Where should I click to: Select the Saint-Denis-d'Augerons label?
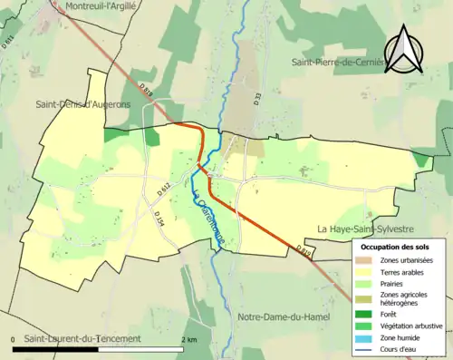82,104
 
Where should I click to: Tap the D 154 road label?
159,219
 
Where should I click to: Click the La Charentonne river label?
207,209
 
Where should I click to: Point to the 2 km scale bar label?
188,339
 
